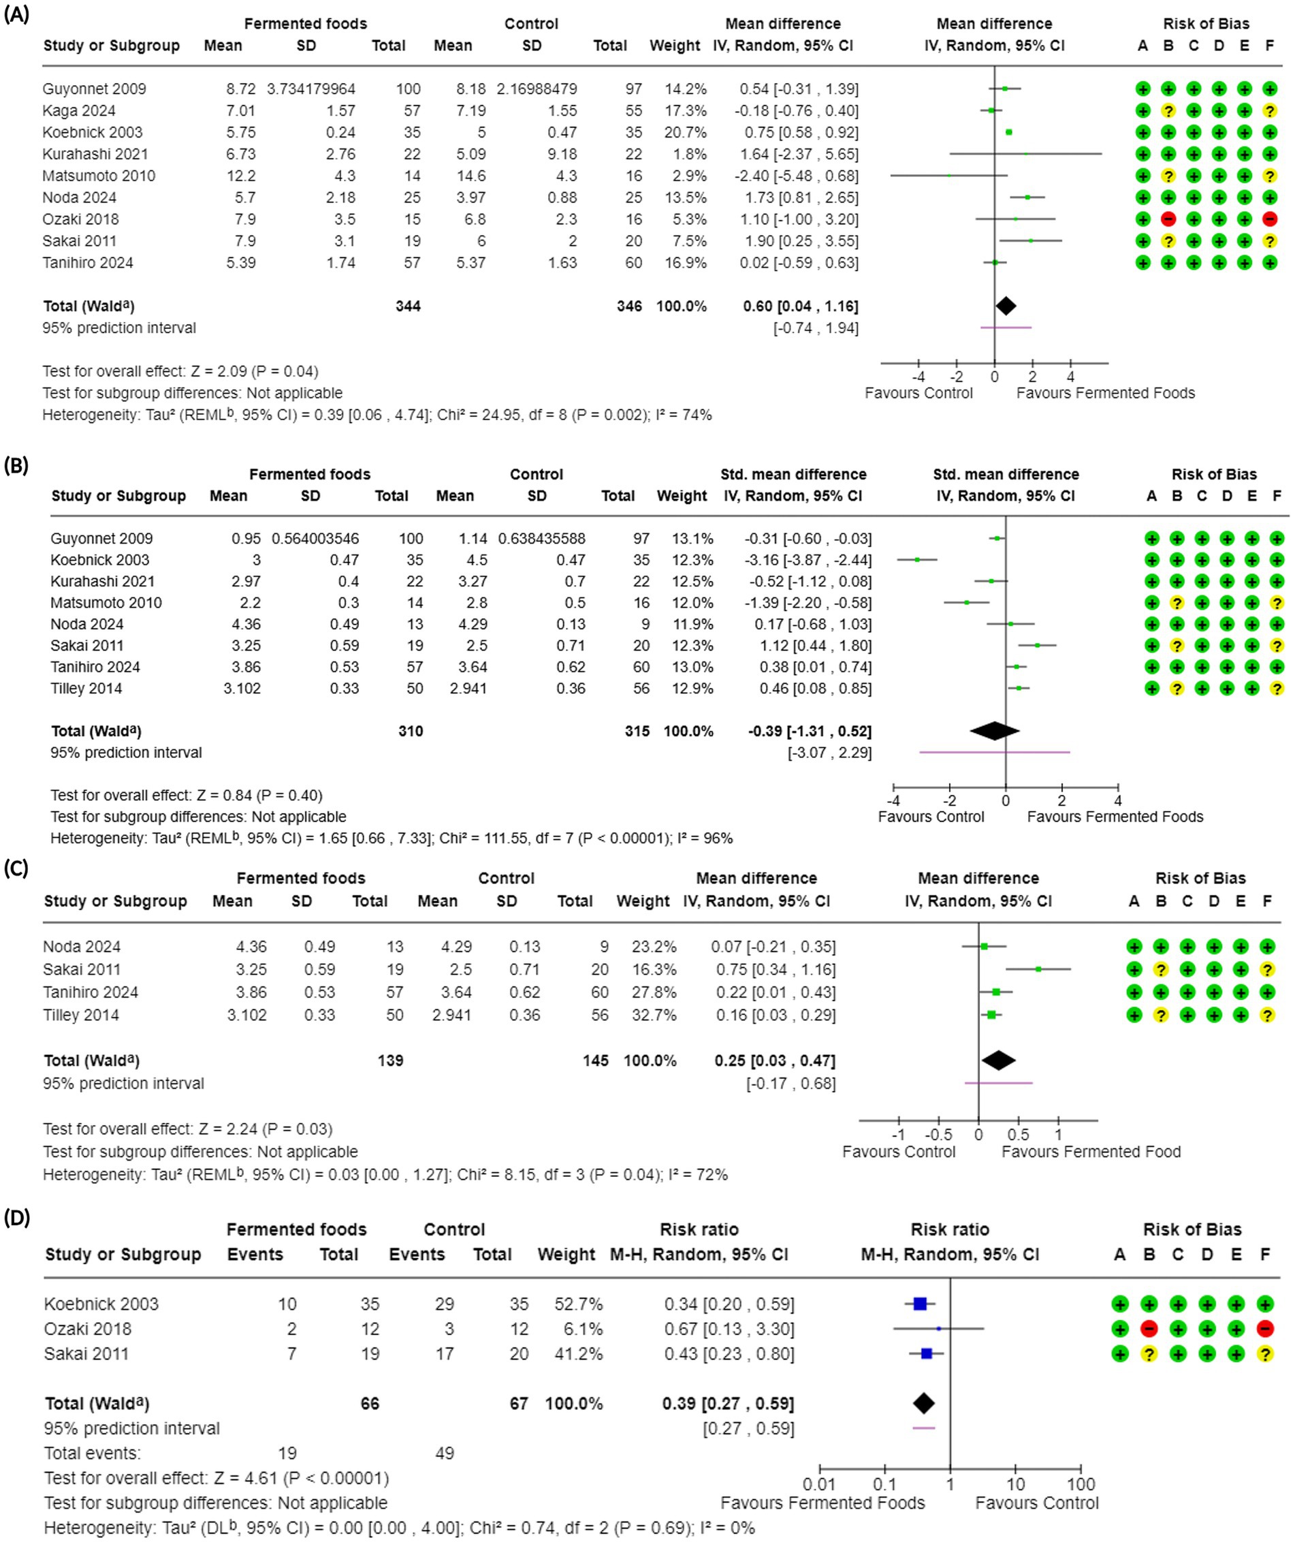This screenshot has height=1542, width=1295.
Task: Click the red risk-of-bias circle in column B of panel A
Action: (x=1168, y=219)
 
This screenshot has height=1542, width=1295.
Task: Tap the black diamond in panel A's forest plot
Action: (x=1006, y=306)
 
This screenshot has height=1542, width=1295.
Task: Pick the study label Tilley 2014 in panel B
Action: (x=86, y=689)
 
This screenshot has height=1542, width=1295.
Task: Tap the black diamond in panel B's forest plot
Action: (x=995, y=731)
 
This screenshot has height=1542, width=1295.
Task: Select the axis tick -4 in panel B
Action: (x=893, y=800)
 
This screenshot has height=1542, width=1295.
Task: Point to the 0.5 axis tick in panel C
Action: (x=1019, y=1135)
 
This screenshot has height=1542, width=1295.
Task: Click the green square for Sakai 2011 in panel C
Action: (x=1038, y=969)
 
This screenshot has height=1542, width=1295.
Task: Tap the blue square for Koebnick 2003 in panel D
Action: (x=920, y=1304)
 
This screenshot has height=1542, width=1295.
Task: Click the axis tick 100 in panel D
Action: (x=1081, y=1484)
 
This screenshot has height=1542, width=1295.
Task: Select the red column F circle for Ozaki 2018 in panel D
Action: (x=1264, y=1328)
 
